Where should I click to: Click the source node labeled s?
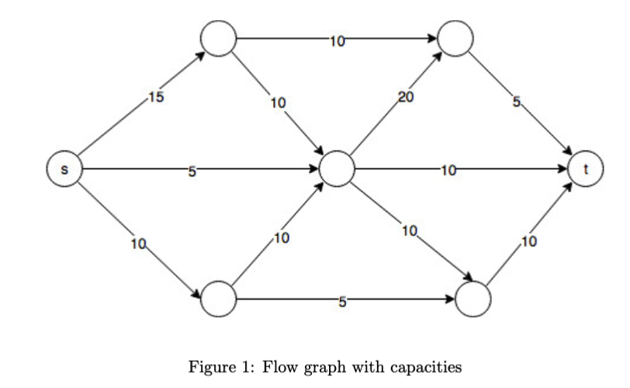[x=64, y=169]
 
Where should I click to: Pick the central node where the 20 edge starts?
[x=337, y=169]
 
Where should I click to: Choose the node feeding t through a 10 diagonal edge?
[x=474, y=300]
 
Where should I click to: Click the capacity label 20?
[x=406, y=97]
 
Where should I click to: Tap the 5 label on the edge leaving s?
[x=190, y=170]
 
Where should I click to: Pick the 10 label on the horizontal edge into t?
[x=448, y=170]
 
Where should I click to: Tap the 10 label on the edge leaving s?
[x=138, y=245]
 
